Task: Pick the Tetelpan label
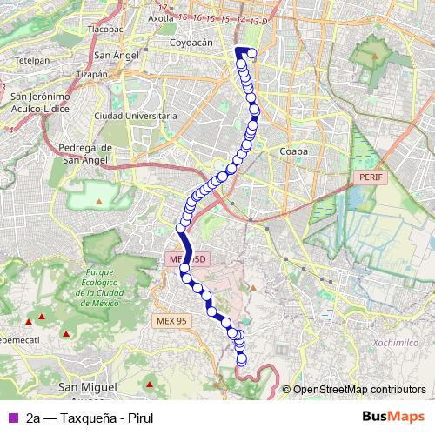point(32,61)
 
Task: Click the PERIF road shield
point(370,177)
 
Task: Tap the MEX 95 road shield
point(171,320)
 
